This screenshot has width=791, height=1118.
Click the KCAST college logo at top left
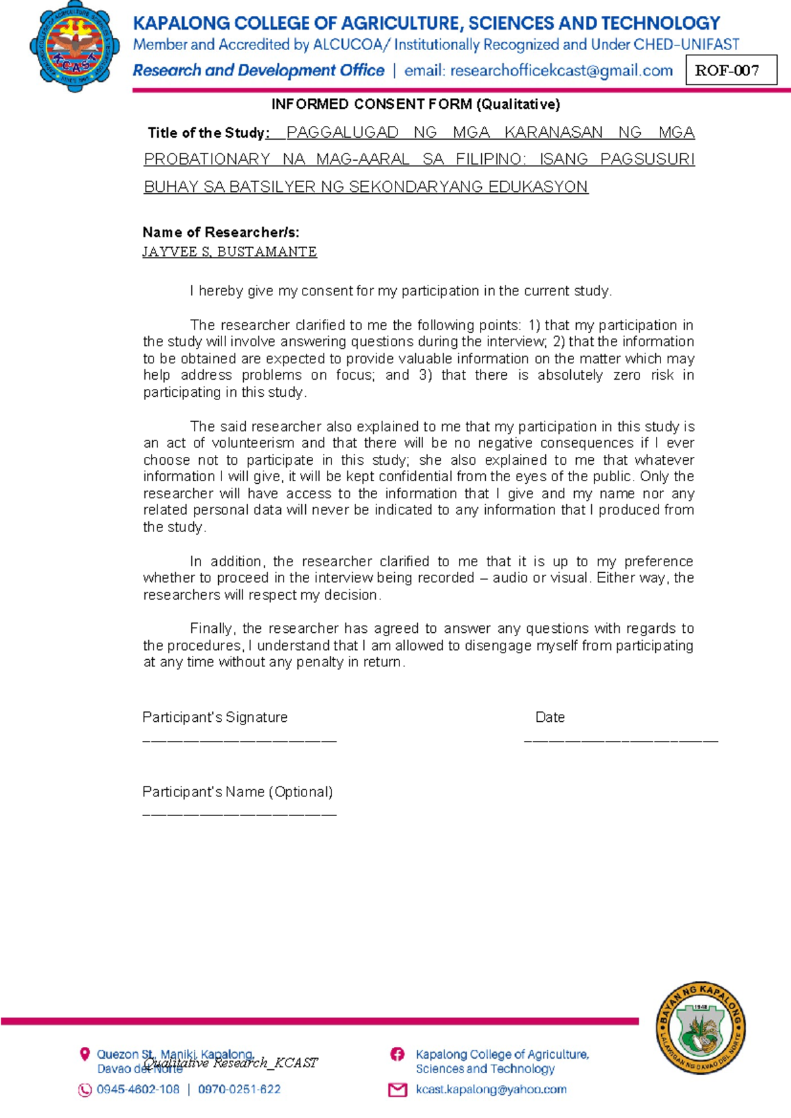coord(74,46)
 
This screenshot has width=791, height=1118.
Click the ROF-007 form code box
coord(731,71)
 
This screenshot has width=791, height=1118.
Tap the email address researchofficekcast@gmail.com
coord(561,71)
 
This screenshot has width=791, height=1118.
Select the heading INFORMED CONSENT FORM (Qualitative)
coord(415,104)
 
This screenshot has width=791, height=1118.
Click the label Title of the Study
coord(206,133)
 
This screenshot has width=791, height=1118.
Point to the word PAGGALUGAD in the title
coord(342,132)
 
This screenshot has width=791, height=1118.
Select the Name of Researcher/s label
coord(221,232)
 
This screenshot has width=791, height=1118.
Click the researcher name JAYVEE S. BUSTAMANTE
coord(229,252)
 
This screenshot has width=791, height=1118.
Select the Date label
coord(550,717)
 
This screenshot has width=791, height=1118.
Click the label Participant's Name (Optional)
coord(237,792)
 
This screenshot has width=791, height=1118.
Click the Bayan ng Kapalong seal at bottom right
coord(701,1027)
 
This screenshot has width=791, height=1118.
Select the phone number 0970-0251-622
coord(239,1089)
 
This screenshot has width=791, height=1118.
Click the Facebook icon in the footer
coord(397,1054)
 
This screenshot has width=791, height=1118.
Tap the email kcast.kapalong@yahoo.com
coord(490,1089)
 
